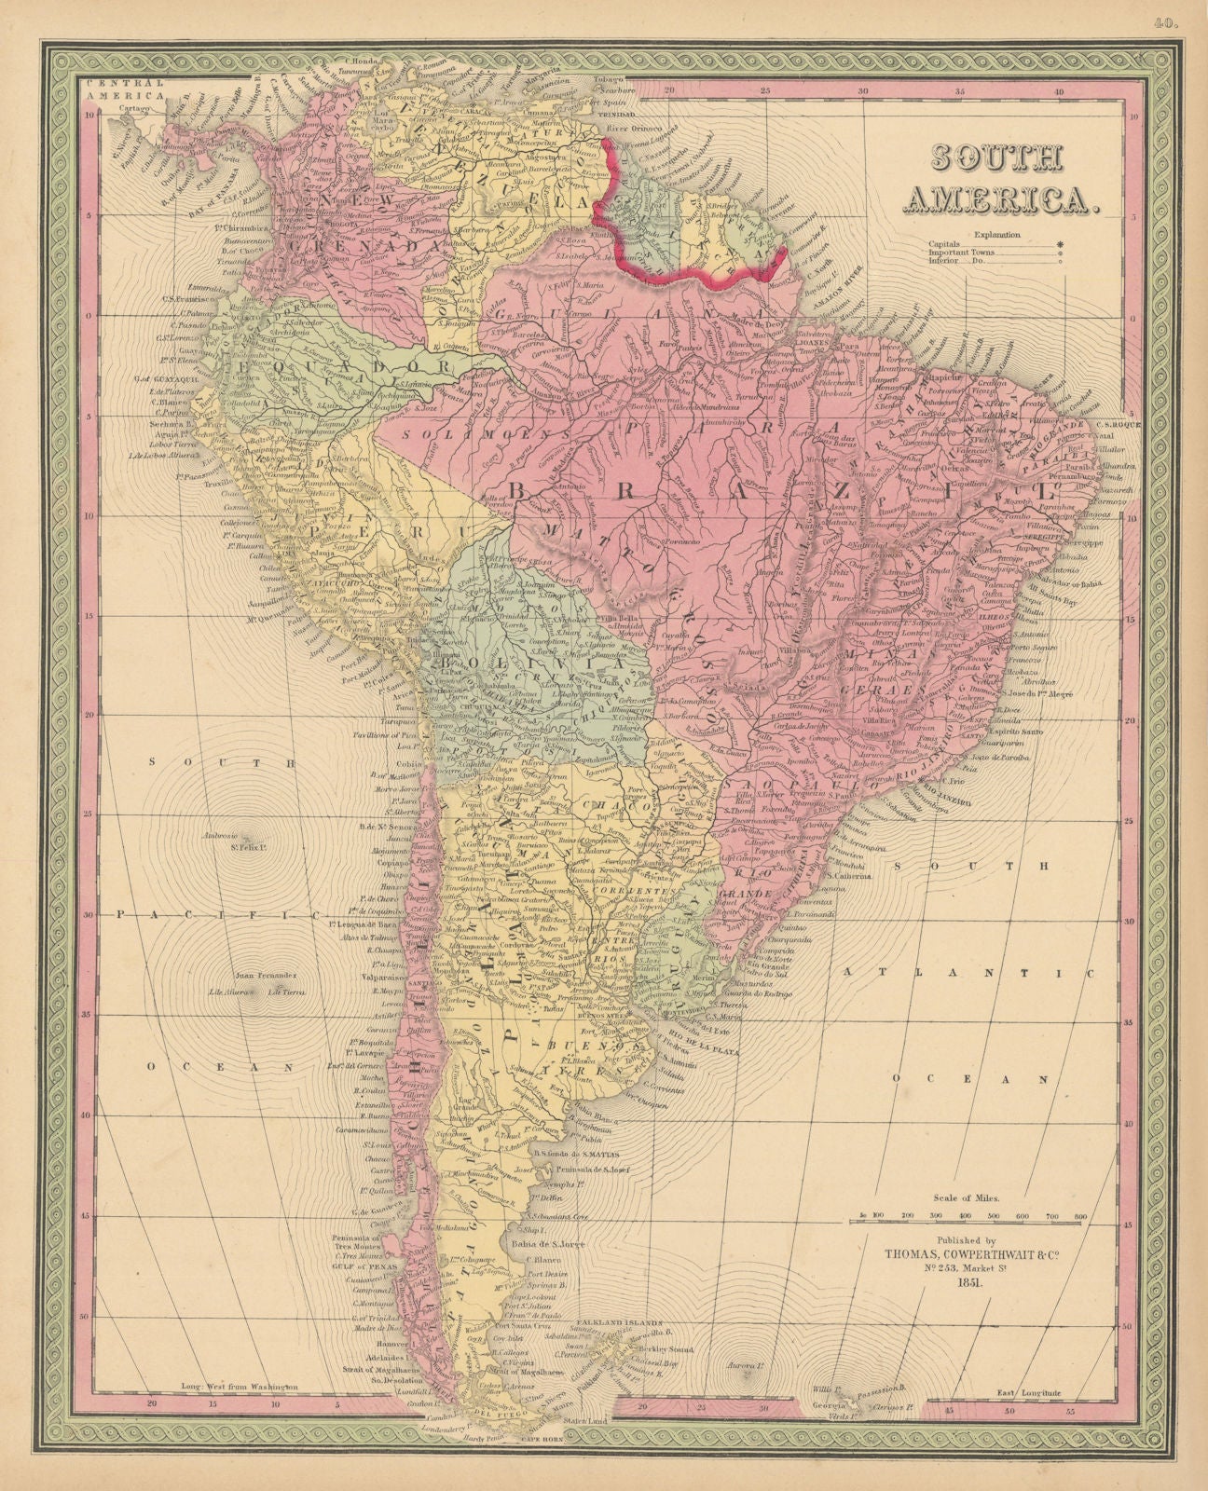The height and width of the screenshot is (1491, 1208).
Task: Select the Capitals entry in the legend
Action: click(944, 244)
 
